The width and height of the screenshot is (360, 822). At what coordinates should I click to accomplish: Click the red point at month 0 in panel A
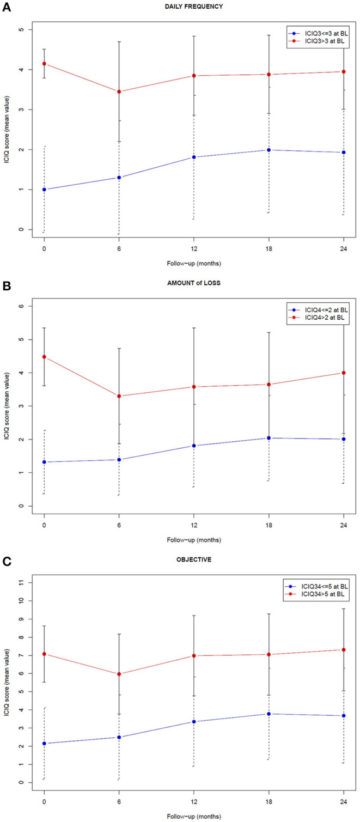coord(44,64)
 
